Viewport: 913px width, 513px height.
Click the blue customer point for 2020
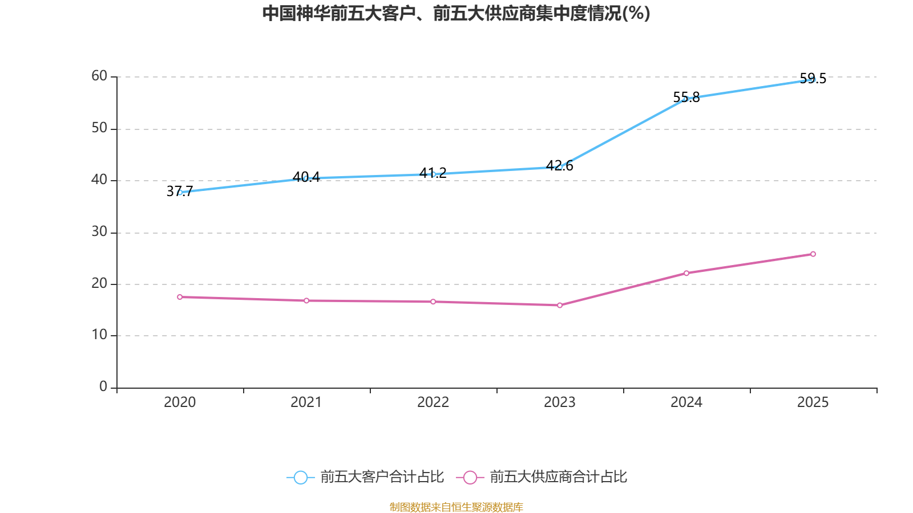coord(180,193)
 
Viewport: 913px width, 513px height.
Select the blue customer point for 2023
coord(560,167)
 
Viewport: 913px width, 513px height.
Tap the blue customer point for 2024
coord(686,99)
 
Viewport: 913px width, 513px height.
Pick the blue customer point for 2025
coord(813,79)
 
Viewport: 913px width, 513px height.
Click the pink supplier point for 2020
coord(180,297)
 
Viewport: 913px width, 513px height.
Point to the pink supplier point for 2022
coord(433,302)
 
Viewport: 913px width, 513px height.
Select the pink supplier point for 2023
coord(560,306)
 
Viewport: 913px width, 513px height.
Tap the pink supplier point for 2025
coord(813,254)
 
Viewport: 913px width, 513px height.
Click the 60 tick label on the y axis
coord(99,76)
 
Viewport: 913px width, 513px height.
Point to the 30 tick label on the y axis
coord(99,232)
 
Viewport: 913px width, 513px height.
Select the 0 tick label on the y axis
coord(103,387)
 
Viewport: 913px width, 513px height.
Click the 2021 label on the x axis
coord(306,402)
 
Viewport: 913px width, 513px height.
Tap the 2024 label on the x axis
coord(686,402)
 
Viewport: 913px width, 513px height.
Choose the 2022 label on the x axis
coord(433,402)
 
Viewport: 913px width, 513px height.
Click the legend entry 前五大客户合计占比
coord(382,477)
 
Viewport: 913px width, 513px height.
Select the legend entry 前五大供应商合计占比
coord(558,477)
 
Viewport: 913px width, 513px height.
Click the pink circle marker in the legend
coord(470,478)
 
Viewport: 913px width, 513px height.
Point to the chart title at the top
coord(457,13)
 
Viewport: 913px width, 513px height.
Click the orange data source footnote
coord(457,507)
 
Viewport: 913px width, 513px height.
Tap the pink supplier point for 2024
coord(686,273)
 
